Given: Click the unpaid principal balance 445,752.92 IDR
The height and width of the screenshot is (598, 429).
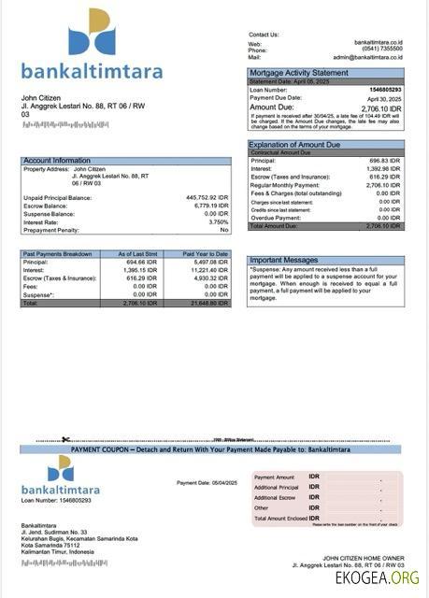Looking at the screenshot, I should [201, 198].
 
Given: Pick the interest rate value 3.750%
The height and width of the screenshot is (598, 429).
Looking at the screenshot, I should [218, 221].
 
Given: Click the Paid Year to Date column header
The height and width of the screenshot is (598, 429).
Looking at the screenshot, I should [205, 254].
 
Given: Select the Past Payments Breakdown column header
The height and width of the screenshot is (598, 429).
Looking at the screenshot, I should [58, 254].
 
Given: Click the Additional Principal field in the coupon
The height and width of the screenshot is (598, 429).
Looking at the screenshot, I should [276, 487].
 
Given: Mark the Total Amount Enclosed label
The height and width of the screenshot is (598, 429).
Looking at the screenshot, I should [281, 518].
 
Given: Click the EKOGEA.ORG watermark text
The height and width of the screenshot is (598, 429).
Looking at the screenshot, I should [378, 578].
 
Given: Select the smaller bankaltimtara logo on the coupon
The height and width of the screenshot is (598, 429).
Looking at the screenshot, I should [61, 475].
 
